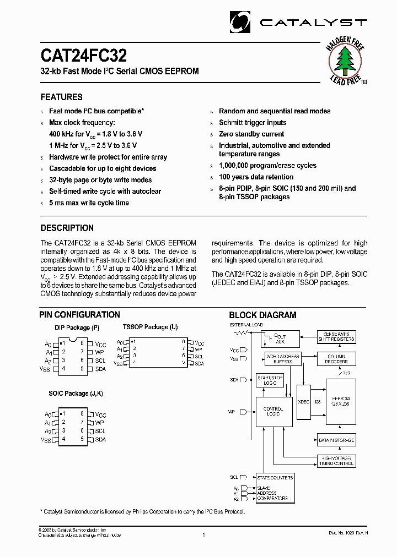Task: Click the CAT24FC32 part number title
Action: pos(83,56)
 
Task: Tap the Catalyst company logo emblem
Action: pos(241,21)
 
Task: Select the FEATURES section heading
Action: pos(62,97)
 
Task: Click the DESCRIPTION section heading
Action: pos(67,228)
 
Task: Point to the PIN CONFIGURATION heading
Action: pos(80,315)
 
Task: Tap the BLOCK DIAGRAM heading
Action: pos(262,315)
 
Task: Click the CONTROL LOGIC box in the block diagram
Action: pos(272,411)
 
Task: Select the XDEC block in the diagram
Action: pos(304,401)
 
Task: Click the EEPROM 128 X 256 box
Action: pos(340,401)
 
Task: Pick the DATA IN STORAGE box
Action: pos(336,440)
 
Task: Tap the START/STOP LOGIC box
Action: pos(270,380)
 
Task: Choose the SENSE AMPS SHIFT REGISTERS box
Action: pos(336,337)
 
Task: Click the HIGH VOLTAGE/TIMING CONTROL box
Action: pos(336,461)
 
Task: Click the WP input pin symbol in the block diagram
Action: pos(243,411)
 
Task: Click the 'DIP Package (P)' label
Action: pos(77,328)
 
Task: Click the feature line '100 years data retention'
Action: pos(256,177)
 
